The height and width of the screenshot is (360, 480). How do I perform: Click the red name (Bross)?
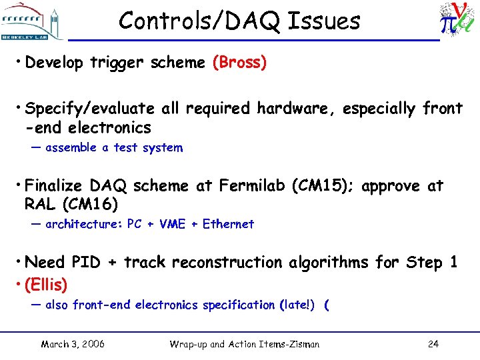coord(239,63)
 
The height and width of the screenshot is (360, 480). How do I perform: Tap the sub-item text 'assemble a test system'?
coord(113,148)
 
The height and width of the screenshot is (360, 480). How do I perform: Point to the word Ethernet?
coord(228,224)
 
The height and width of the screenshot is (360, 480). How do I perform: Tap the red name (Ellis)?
coord(46,285)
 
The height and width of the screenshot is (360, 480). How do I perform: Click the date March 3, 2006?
coord(72,344)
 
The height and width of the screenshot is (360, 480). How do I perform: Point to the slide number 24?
coord(433,344)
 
